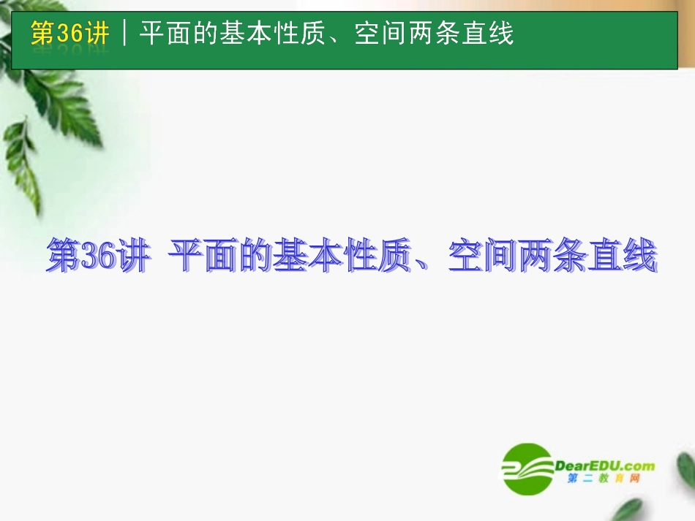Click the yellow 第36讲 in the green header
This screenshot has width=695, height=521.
click(x=70, y=34)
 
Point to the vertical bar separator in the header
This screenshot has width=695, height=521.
click(x=125, y=34)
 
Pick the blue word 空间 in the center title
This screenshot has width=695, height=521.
click(x=483, y=258)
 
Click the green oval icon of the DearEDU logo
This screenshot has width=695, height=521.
click(x=527, y=468)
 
